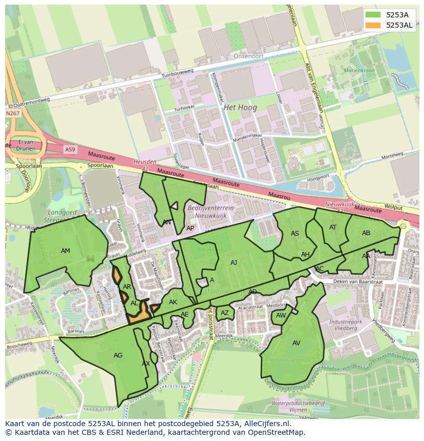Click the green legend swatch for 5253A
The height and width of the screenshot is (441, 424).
374,15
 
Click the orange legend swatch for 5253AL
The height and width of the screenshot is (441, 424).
374,25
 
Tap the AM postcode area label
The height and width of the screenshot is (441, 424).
66,251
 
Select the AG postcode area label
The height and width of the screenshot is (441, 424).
118,355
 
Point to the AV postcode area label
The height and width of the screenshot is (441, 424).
296,343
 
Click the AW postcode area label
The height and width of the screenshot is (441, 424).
281,316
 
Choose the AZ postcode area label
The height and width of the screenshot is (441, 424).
225,313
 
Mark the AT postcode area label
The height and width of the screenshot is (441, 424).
333,227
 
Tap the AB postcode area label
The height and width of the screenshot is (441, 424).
366,233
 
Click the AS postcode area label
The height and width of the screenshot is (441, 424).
295,234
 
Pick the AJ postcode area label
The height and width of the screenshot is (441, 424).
234,263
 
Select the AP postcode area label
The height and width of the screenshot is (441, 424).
190,228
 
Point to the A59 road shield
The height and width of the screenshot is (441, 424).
70,149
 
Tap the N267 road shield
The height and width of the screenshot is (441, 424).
12,113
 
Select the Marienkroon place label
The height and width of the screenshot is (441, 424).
359,71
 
